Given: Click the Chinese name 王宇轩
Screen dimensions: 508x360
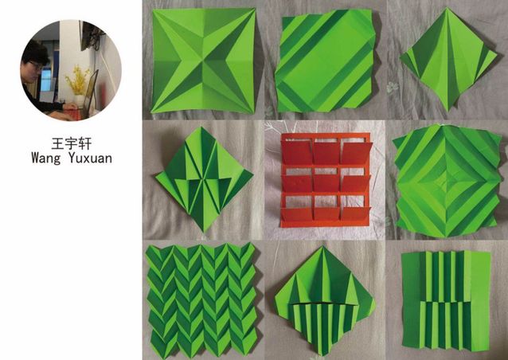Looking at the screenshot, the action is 72,143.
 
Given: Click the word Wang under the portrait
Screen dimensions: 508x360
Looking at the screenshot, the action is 46,158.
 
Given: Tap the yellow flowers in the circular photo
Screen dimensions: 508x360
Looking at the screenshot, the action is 78,80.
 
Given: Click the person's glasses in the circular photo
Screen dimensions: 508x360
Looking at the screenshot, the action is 37,66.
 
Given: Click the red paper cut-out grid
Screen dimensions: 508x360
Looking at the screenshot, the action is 326,180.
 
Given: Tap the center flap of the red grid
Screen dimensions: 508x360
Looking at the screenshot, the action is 326,182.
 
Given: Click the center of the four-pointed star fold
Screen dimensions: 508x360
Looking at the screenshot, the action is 204,61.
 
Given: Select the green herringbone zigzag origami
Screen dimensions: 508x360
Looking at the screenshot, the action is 201,299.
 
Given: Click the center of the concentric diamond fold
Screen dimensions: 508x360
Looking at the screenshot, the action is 447,181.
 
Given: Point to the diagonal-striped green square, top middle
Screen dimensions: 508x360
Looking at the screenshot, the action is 326,61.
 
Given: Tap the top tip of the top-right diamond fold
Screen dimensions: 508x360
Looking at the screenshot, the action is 447,8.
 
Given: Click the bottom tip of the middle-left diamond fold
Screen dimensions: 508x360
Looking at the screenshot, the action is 204,232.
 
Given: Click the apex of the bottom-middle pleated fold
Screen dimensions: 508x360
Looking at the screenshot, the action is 322,247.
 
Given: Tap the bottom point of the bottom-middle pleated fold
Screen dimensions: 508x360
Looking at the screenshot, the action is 322,355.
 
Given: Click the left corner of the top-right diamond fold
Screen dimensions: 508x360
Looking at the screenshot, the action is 401,59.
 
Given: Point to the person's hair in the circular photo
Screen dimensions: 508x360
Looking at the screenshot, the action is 35,51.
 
